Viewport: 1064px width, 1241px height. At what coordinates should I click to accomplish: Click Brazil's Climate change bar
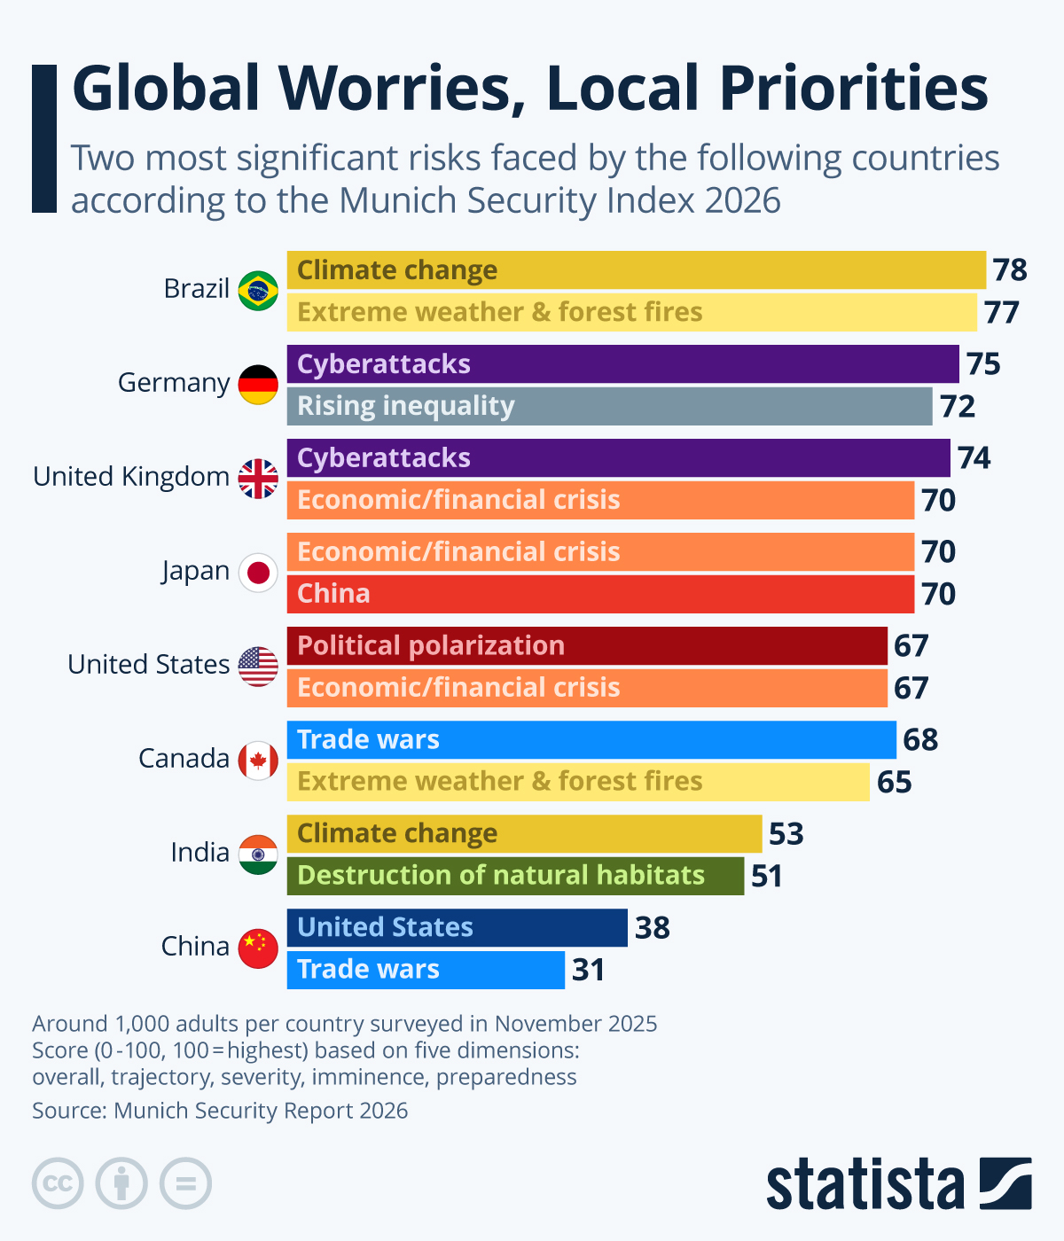tap(636, 270)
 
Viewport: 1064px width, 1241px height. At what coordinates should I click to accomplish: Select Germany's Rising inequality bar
tap(609, 406)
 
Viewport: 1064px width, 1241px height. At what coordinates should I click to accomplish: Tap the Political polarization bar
tap(587, 645)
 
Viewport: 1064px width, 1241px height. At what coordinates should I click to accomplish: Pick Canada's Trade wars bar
tap(591, 739)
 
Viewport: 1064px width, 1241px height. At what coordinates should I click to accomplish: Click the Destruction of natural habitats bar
tap(515, 876)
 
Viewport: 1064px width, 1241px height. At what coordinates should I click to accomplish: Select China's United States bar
tap(457, 927)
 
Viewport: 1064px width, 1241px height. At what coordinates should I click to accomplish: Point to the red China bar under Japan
tap(600, 594)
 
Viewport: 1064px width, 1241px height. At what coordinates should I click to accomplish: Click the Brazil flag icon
tap(258, 291)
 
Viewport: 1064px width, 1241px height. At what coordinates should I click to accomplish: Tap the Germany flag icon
tap(258, 385)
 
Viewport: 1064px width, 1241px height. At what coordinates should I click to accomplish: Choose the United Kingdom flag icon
tap(258, 479)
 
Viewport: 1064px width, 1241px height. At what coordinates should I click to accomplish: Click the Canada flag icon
tap(258, 761)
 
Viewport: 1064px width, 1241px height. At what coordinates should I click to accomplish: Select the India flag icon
tap(258, 855)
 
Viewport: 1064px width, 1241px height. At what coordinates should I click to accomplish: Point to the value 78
tap(1010, 270)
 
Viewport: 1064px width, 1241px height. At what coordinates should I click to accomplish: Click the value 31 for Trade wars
tap(588, 970)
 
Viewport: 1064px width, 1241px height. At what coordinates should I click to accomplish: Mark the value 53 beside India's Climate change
tap(786, 834)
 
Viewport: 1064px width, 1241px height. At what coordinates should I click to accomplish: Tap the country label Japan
tap(196, 571)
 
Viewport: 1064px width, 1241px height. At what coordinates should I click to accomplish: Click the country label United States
tap(148, 665)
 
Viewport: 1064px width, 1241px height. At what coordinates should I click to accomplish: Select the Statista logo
tap(898, 1183)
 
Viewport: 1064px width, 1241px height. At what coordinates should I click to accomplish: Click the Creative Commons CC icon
tap(58, 1183)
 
